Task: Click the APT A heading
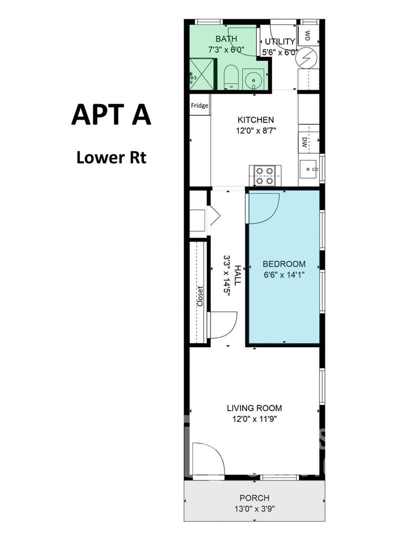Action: coord(111,115)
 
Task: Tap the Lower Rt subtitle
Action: coord(111,157)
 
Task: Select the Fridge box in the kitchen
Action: coord(200,105)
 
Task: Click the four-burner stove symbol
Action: coord(264,176)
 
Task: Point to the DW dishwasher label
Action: coord(304,142)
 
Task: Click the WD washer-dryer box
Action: coord(308,35)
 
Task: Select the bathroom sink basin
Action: coord(254,79)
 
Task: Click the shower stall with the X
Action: coord(202,74)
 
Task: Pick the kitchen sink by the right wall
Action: coord(309,169)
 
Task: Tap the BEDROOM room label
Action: coord(284,264)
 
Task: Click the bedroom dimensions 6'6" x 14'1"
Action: coord(284,275)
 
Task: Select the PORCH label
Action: coord(254,498)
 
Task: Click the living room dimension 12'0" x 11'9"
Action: coord(254,419)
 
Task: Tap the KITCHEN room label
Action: coord(256,120)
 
